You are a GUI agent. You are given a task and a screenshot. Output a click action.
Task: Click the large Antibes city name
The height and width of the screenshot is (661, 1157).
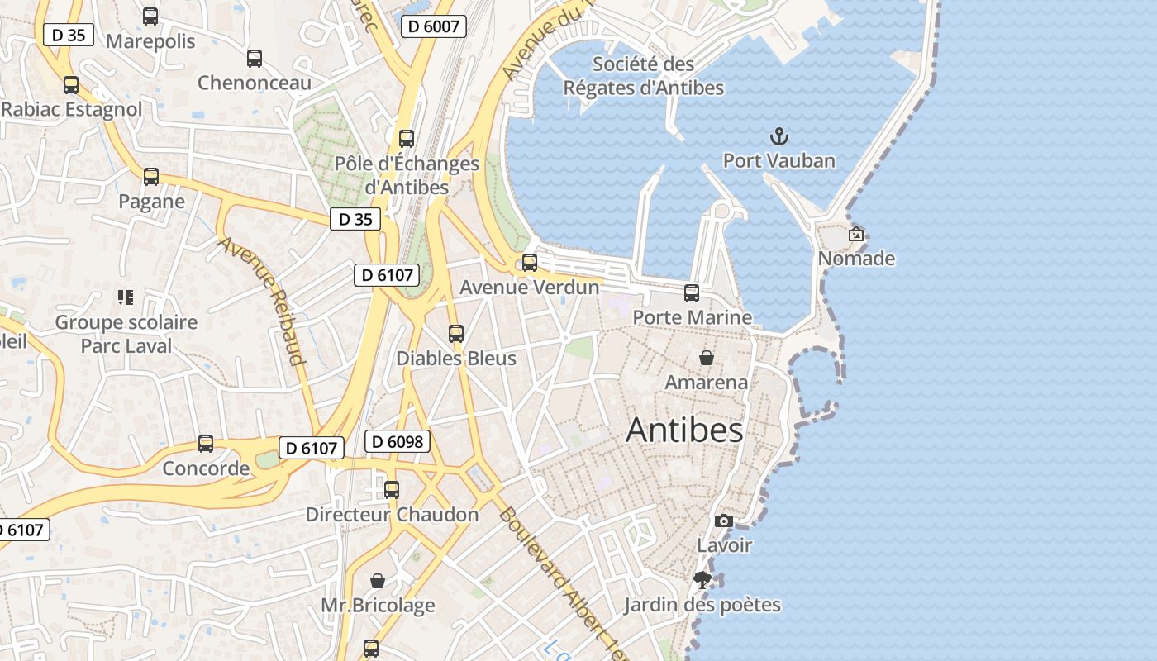(x=684, y=430)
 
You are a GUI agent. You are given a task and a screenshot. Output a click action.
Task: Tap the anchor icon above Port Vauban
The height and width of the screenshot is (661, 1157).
(x=778, y=136)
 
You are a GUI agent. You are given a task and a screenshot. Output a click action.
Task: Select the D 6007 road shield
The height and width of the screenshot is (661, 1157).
(x=433, y=26)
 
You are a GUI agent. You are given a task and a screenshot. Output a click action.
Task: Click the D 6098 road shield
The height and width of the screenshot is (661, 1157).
(x=398, y=442)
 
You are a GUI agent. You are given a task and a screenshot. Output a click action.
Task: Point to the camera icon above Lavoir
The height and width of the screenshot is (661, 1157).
(x=724, y=521)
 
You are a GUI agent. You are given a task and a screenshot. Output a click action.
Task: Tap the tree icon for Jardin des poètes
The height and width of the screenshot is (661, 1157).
(x=702, y=580)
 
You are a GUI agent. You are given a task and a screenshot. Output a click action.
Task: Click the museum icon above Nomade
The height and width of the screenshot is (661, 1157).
(x=856, y=234)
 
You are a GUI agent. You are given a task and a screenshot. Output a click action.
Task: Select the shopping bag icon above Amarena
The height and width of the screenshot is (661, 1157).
(x=707, y=358)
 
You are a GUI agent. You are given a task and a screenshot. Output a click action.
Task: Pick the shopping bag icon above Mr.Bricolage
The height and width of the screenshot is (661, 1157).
(x=378, y=581)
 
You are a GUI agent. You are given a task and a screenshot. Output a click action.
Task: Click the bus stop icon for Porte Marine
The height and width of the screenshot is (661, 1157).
(x=692, y=292)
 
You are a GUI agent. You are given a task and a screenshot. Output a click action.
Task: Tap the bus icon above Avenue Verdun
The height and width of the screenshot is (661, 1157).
(x=530, y=263)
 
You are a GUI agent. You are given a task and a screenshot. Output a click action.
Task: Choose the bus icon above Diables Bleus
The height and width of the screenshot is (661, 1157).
(x=456, y=334)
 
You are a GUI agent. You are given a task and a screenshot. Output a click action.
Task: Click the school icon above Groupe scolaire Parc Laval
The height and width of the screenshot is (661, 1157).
(x=126, y=297)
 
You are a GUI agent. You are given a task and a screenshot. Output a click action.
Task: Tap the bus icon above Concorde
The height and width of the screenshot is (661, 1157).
(x=206, y=444)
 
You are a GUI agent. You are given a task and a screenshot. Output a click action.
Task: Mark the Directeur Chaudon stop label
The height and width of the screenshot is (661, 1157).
(x=392, y=514)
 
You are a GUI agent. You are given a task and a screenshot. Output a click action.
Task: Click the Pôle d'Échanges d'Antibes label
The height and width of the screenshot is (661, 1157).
(x=407, y=175)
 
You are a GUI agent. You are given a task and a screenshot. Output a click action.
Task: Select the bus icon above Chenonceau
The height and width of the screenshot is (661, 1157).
(x=255, y=59)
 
